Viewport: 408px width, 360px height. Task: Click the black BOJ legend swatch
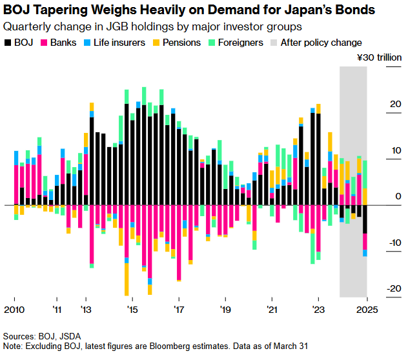click(x=8, y=43)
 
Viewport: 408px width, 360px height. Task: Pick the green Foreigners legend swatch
click(x=214, y=43)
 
